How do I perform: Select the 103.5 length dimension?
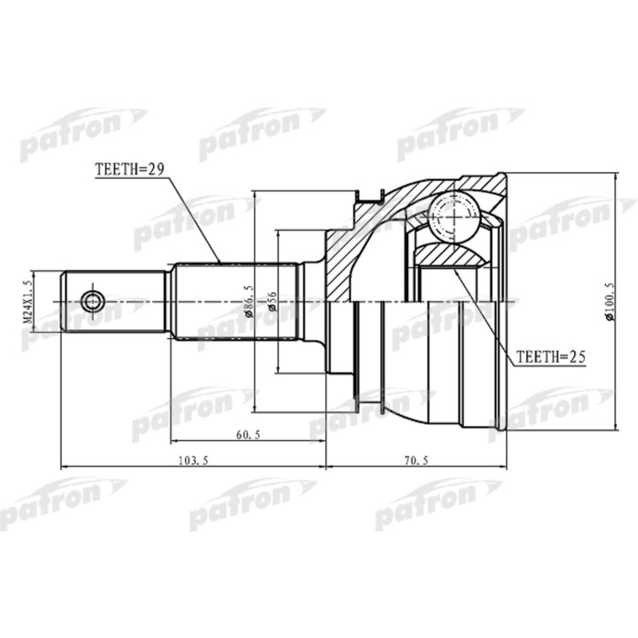click(194, 461)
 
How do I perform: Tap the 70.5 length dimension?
click(416, 461)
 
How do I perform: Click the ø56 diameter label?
click(272, 300)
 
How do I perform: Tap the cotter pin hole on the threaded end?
click(92, 301)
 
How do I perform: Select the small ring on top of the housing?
click(371, 194)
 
